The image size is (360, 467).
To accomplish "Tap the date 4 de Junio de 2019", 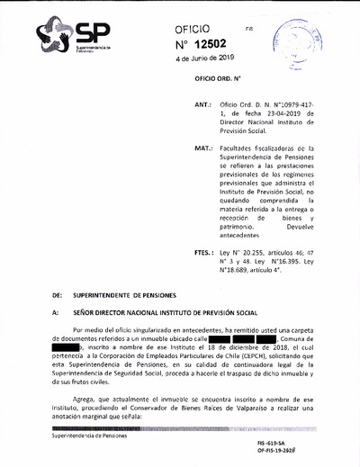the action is (206, 59).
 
